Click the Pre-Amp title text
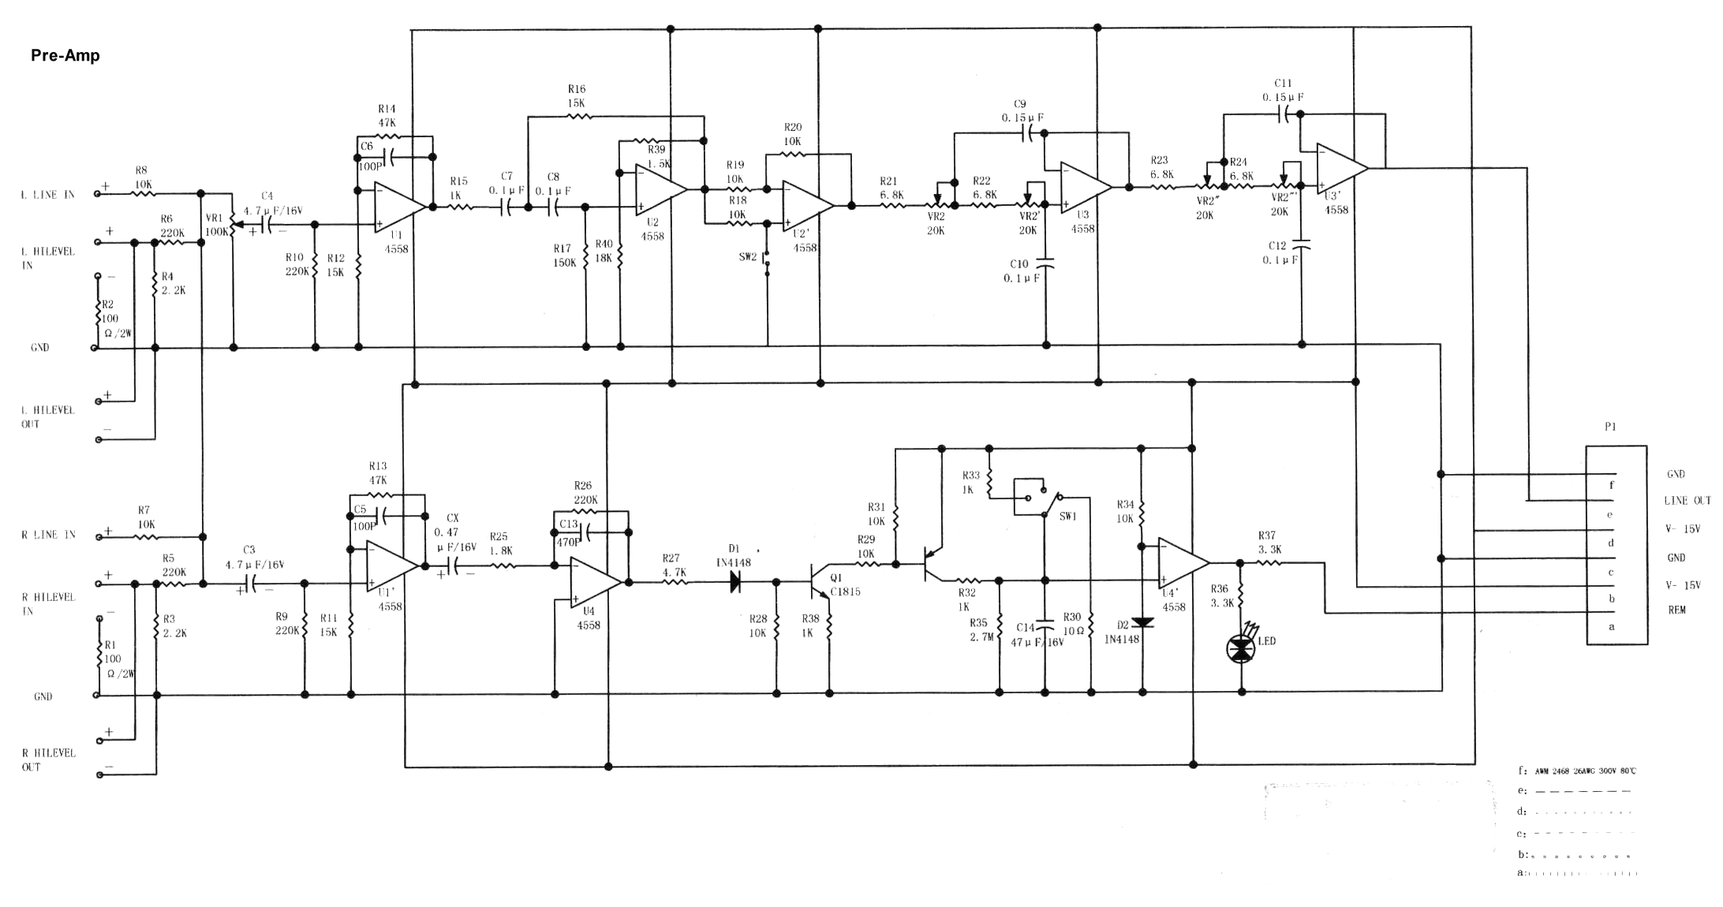click(65, 55)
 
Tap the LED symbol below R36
click(1241, 649)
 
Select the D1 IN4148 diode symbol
click(735, 582)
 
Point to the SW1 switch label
click(1067, 517)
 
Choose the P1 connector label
click(1610, 427)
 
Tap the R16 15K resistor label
click(576, 96)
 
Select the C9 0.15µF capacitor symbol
click(1028, 134)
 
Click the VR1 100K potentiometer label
click(216, 225)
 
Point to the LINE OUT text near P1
click(1687, 501)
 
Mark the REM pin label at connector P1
click(1676, 610)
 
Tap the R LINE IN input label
click(48, 535)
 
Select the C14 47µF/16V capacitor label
click(1036, 635)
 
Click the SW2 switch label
click(747, 257)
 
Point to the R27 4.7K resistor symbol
click(675, 582)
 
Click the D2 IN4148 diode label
click(1122, 633)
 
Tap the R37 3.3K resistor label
click(1269, 543)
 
